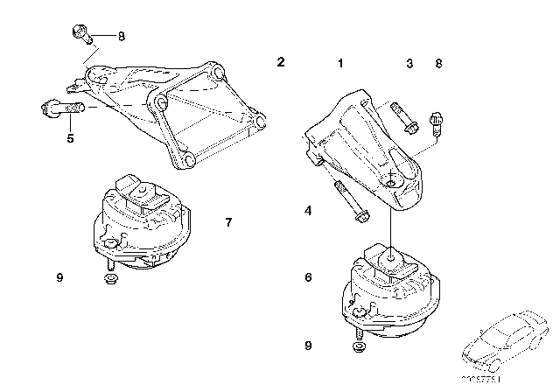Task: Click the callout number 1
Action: pyautogui.click(x=340, y=63)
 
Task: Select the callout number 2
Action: pyautogui.click(x=281, y=62)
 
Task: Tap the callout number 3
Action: pyautogui.click(x=408, y=63)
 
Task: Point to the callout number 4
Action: pyautogui.click(x=309, y=211)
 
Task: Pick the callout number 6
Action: pyautogui.click(x=309, y=277)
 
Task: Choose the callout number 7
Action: pyautogui.click(x=228, y=222)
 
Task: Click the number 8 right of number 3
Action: pyautogui.click(x=439, y=63)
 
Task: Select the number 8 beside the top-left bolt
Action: pyautogui.click(x=122, y=37)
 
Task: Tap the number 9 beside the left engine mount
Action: pyautogui.click(x=60, y=278)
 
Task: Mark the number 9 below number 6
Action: pyautogui.click(x=309, y=346)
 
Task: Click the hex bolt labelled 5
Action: pyautogui.click(x=58, y=110)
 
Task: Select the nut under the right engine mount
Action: pyautogui.click(x=361, y=348)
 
